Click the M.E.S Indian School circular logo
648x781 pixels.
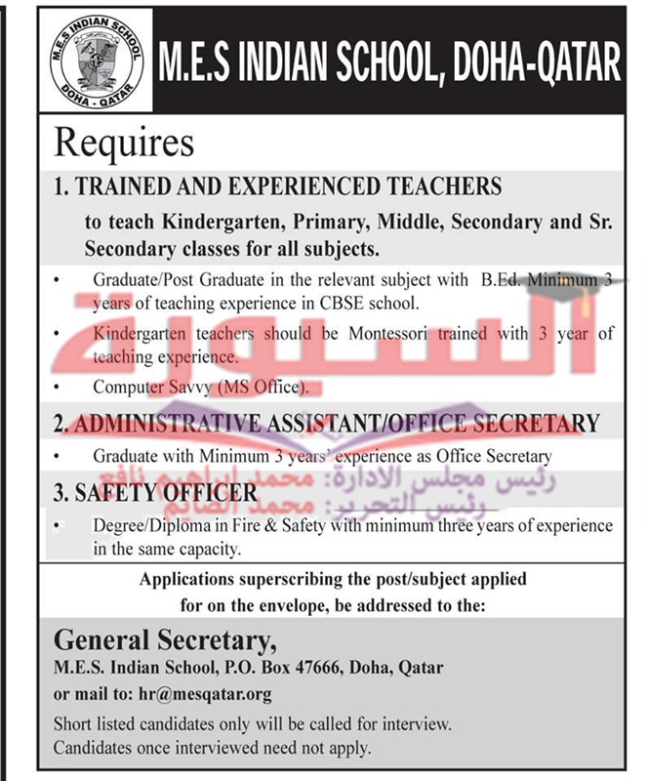point(93,62)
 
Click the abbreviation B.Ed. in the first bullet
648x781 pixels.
point(501,280)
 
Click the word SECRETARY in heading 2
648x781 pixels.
point(537,424)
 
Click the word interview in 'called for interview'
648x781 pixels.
point(419,724)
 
